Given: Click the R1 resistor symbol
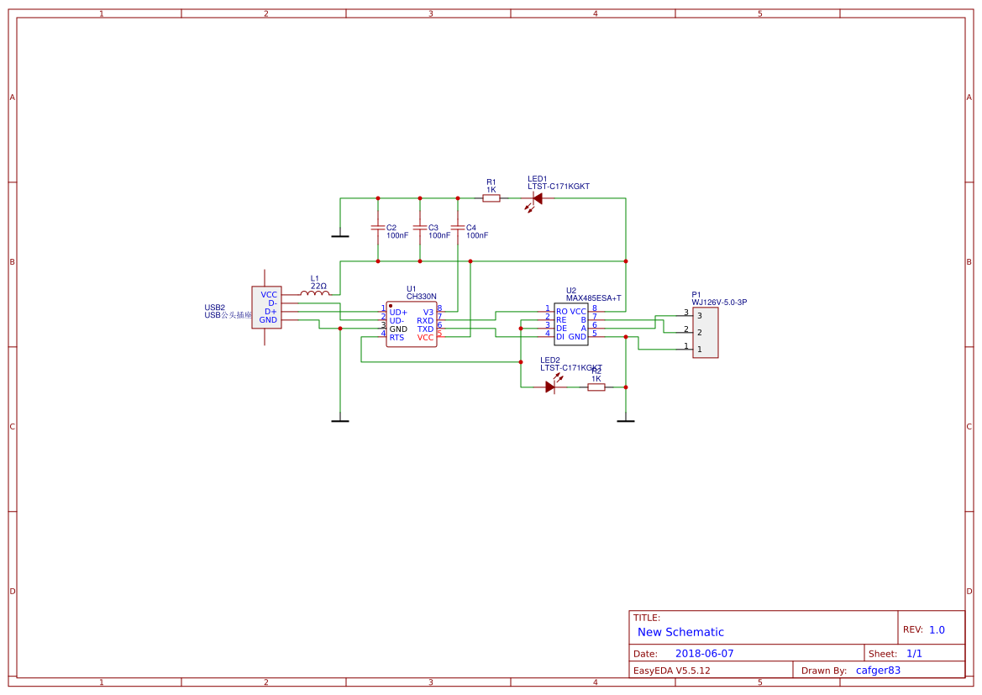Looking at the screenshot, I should pyautogui.click(x=491, y=198).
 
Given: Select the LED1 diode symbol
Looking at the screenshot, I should pyautogui.click(x=536, y=199).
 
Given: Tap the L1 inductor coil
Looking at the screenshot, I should pyautogui.click(x=315, y=293).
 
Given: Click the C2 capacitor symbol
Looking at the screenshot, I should pyautogui.click(x=377, y=228).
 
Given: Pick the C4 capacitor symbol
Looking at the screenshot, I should pyautogui.click(x=458, y=228).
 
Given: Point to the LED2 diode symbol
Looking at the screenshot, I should pyautogui.click(x=551, y=387).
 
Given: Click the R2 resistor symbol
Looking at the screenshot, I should pyautogui.click(x=596, y=387).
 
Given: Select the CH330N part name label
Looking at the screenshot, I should pyautogui.click(x=422, y=297).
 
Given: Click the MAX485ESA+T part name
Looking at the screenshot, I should pyautogui.click(x=593, y=298).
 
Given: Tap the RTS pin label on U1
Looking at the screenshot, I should pyautogui.click(x=396, y=338).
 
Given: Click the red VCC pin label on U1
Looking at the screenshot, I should pyautogui.click(x=426, y=338).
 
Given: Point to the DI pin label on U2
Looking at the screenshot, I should pyautogui.click(x=560, y=336).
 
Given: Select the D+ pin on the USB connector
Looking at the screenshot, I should pyautogui.click(x=270, y=312).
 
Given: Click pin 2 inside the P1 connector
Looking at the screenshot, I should pyautogui.click(x=699, y=333).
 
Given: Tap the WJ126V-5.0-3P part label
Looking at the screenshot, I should pyautogui.click(x=719, y=302).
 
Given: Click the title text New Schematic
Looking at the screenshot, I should pyautogui.click(x=680, y=632).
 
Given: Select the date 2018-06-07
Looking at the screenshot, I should pyautogui.click(x=704, y=653).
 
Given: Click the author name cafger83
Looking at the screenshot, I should pyautogui.click(x=878, y=670).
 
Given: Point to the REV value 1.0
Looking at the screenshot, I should pyautogui.click(x=937, y=629).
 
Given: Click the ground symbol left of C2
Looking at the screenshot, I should pyautogui.click(x=340, y=236).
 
